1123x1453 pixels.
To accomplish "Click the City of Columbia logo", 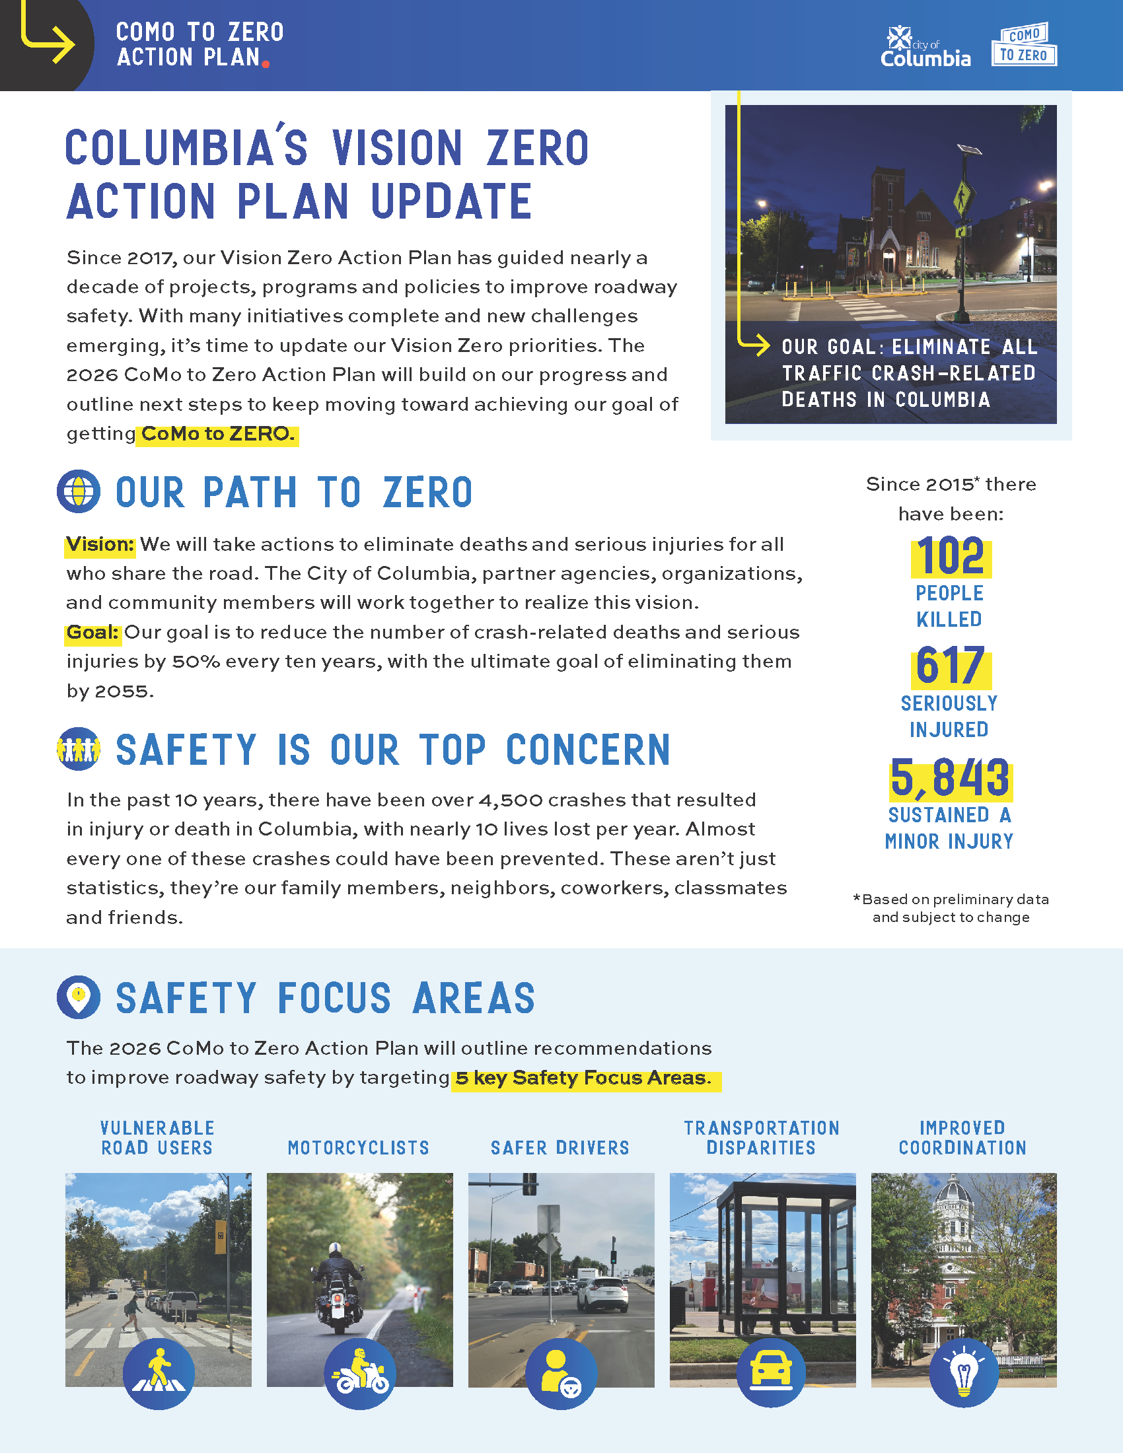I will coord(925,47).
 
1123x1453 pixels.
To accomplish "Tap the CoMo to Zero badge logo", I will coord(1024,44).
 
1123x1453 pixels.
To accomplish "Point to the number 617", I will coord(951,666).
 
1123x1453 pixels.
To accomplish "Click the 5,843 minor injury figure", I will coord(951,778).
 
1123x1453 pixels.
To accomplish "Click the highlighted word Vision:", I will coord(100,545).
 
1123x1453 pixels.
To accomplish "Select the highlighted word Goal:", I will coord(92,633).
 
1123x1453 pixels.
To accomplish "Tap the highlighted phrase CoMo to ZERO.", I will coord(217,435).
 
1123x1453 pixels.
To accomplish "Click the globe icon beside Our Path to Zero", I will coord(79,491).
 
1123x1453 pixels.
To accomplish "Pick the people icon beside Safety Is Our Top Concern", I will coord(79,749).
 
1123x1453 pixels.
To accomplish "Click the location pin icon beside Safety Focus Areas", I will coord(79,997).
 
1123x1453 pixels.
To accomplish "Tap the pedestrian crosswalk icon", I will coord(159,1373).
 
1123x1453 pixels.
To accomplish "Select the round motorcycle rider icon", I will coord(360,1373).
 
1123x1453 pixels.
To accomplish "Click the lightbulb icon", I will coord(963,1373).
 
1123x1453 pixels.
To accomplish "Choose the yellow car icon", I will coord(771,1373).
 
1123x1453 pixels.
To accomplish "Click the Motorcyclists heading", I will coord(359,1148).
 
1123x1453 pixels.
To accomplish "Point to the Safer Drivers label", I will coord(560,1148).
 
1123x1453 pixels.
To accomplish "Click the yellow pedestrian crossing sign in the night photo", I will coord(962,196).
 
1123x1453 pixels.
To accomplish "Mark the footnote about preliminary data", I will coord(951,908).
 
